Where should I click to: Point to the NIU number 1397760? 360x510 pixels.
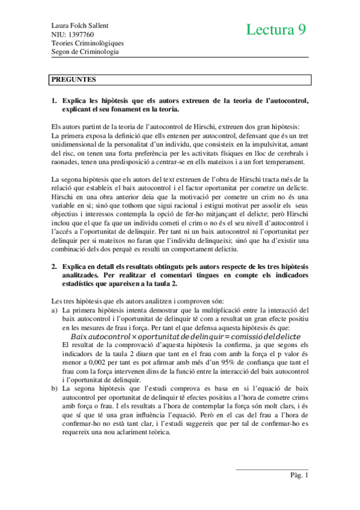pos(78,34)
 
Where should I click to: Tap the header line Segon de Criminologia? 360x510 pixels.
pos(85,51)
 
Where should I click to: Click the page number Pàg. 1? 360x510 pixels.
pos(299,476)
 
